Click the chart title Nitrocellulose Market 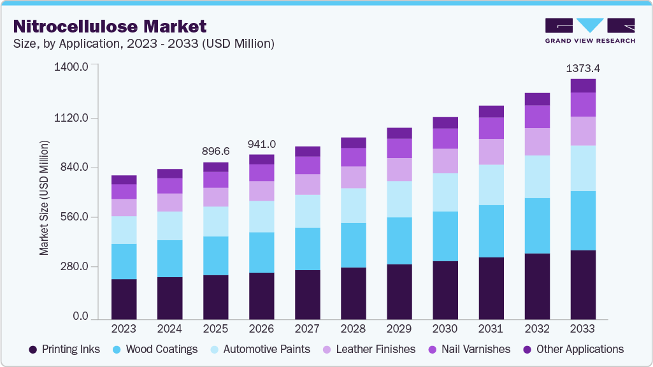click(110, 26)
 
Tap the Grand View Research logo click(590, 30)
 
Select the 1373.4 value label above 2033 click(583, 68)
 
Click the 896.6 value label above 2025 click(215, 151)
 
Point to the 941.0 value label click(261, 144)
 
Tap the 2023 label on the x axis click(124, 329)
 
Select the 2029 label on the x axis click(399, 329)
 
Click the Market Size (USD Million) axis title click(44, 198)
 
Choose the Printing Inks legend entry click(65, 349)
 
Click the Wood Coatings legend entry click(155, 349)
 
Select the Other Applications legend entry click(572, 349)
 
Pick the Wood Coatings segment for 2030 click(445, 236)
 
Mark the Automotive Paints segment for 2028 click(353, 205)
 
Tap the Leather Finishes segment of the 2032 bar click(537, 141)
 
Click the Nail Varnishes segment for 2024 click(169, 185)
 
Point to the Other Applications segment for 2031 click(491, 112)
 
